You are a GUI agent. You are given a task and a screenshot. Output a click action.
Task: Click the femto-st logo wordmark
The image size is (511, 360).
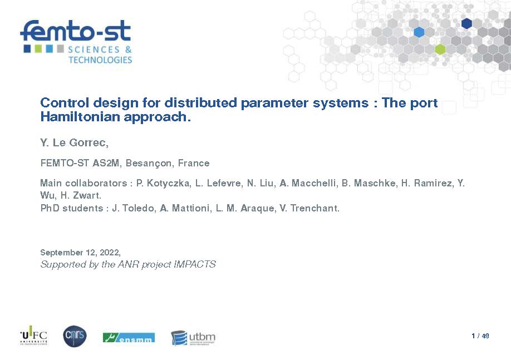pyautogui.click(x=76, y=31)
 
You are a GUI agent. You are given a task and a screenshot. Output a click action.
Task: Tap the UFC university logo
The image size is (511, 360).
pyautogui.click(x=34, y=336)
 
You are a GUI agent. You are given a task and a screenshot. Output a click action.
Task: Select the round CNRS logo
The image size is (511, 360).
pyautogui.click(x=75, y=336)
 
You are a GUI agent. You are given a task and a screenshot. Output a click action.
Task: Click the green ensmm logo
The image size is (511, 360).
pyautogui.click(x=129, y=338)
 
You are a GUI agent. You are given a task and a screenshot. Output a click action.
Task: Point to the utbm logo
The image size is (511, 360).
pyautogui.click(x=193, y=338)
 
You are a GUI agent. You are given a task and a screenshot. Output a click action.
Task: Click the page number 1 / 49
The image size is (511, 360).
pyautogui.click(x=480, y=336)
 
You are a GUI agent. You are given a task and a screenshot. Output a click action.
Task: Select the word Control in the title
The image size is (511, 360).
pyautogui.click(x=65, y=102)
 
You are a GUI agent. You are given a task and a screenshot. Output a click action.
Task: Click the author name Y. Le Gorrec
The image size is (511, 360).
pyautogui.click(x=74, y=142)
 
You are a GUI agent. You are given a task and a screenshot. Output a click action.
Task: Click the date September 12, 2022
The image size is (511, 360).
pyautogui.click(x=80, y=253)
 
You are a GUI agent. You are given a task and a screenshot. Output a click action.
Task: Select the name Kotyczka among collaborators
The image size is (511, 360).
pyautogui.click(x=168, y=183)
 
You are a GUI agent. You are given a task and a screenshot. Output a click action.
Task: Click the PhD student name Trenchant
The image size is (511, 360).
pyautogui.click(x=315, y=208)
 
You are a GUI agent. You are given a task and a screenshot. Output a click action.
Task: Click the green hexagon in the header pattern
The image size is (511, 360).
pyautogui.click(x=440, y=49)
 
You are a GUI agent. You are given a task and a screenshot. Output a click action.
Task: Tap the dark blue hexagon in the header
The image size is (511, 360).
pyautogui.click(x=466, y=23)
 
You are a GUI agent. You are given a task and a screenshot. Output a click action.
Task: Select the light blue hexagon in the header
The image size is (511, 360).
pyautogui.click(x=419, y=32)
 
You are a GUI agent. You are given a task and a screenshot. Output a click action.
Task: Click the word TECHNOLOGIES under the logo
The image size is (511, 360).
pyautogui.click(x=100, y=60)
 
